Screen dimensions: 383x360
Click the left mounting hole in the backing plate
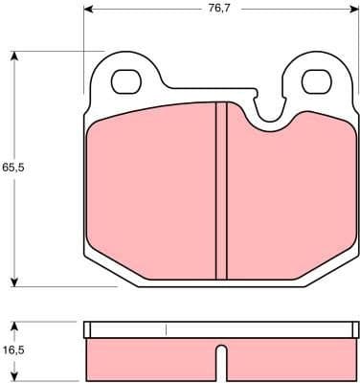tap(125, 82)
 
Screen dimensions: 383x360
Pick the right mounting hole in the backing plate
tap(316, 81)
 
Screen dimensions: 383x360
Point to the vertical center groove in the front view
tap(220, 187)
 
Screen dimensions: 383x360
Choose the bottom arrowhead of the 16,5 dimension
tap(12, 375)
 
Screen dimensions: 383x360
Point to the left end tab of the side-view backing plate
tap(87, 330)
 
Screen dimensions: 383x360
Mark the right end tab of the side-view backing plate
tap(354, 330)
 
